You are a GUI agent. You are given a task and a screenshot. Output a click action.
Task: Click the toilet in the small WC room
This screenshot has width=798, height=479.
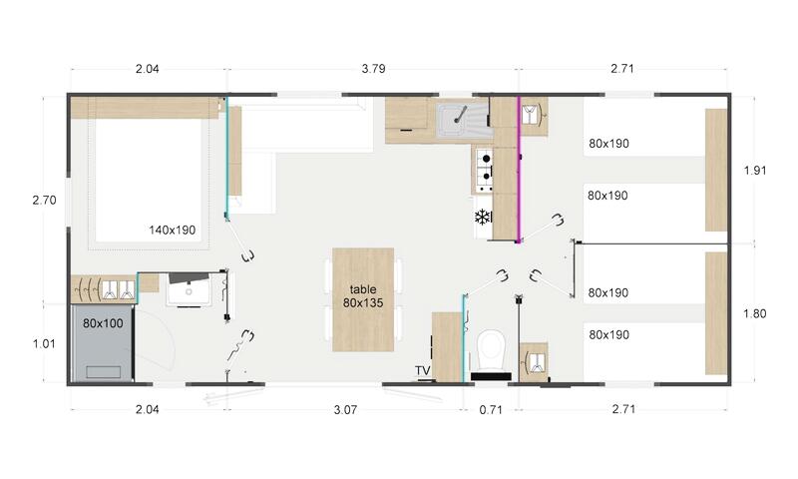click(491, 350)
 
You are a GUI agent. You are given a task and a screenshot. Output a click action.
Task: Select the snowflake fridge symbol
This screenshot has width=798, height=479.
click(482, 218)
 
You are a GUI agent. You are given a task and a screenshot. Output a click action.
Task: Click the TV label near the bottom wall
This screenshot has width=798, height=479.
click(422, 370)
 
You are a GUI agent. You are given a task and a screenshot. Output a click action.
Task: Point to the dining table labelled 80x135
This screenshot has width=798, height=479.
click(363, 299)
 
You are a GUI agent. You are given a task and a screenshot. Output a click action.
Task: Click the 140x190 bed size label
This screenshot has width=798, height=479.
click(172, 231)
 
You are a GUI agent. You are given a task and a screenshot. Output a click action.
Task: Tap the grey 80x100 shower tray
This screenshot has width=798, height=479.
click(103, 343)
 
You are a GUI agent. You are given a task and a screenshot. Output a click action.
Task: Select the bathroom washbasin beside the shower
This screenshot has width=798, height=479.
click(189, 289)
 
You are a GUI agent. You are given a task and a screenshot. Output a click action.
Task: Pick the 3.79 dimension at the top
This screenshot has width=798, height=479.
click(373, 68)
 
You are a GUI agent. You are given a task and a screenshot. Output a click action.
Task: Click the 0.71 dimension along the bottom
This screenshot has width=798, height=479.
click(491, 409)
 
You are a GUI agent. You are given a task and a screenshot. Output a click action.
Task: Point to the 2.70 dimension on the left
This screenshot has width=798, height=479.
click(44, 200)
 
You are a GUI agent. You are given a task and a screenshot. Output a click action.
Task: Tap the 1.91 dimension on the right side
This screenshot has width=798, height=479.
click(755, 170)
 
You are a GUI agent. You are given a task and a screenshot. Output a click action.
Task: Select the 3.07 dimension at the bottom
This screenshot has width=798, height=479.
click(345, 409)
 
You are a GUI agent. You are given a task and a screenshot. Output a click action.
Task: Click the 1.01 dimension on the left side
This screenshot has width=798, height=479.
click(44, 343)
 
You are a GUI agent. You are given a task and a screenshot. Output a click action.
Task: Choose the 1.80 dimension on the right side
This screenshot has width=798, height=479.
click(754, 313)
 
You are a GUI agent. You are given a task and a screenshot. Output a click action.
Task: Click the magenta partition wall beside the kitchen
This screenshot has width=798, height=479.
click(519, 169)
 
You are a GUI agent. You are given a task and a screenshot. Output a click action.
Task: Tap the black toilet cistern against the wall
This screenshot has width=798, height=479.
click(491, 376)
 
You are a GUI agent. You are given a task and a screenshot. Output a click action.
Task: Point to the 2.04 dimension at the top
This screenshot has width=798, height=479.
click(147, 68)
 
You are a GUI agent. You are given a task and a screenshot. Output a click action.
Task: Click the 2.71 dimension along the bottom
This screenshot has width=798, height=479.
click(622, 409)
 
